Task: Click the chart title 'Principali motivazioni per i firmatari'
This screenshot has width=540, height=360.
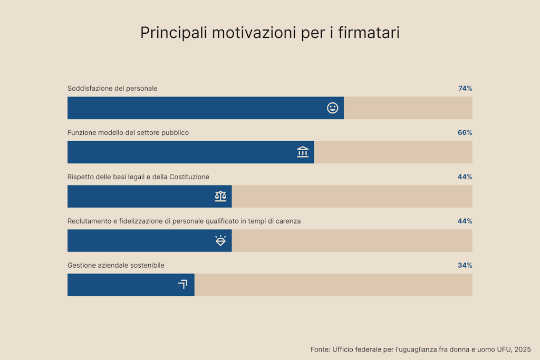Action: click(x=269, y=33)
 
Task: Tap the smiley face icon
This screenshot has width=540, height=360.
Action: click(x=332, y=108)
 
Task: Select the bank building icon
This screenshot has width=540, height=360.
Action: click(x=303, y=152)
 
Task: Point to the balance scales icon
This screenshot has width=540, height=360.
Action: click(x=220, y=197)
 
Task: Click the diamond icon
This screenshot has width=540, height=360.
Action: click(x=220, y=241)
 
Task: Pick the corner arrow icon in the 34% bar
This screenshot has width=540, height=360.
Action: click(x=182, y=285)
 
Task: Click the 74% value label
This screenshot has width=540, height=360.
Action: click(x=465, y=89)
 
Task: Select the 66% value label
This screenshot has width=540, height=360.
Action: click(x=465, y=133)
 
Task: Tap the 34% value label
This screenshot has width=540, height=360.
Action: click(x=465, y=266)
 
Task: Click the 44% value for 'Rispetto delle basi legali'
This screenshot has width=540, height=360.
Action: click(x=465, y=177)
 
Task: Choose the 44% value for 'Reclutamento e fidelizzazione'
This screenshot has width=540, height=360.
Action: click(x=465, y=221)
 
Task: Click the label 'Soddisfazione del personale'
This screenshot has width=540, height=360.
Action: click(x=112, y=89)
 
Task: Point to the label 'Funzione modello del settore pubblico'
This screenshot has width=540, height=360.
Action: click(x=128, y=133)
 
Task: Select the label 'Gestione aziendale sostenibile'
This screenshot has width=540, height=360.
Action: click(x=116, y=266)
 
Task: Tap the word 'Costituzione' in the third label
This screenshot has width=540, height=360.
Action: click(x=189, y=177)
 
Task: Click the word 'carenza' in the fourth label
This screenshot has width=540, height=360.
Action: click(x=287, y=221)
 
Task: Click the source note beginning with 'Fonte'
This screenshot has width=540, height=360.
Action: click(x=420, y=349)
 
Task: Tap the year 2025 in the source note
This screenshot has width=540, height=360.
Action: click(x=523, y=349)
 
